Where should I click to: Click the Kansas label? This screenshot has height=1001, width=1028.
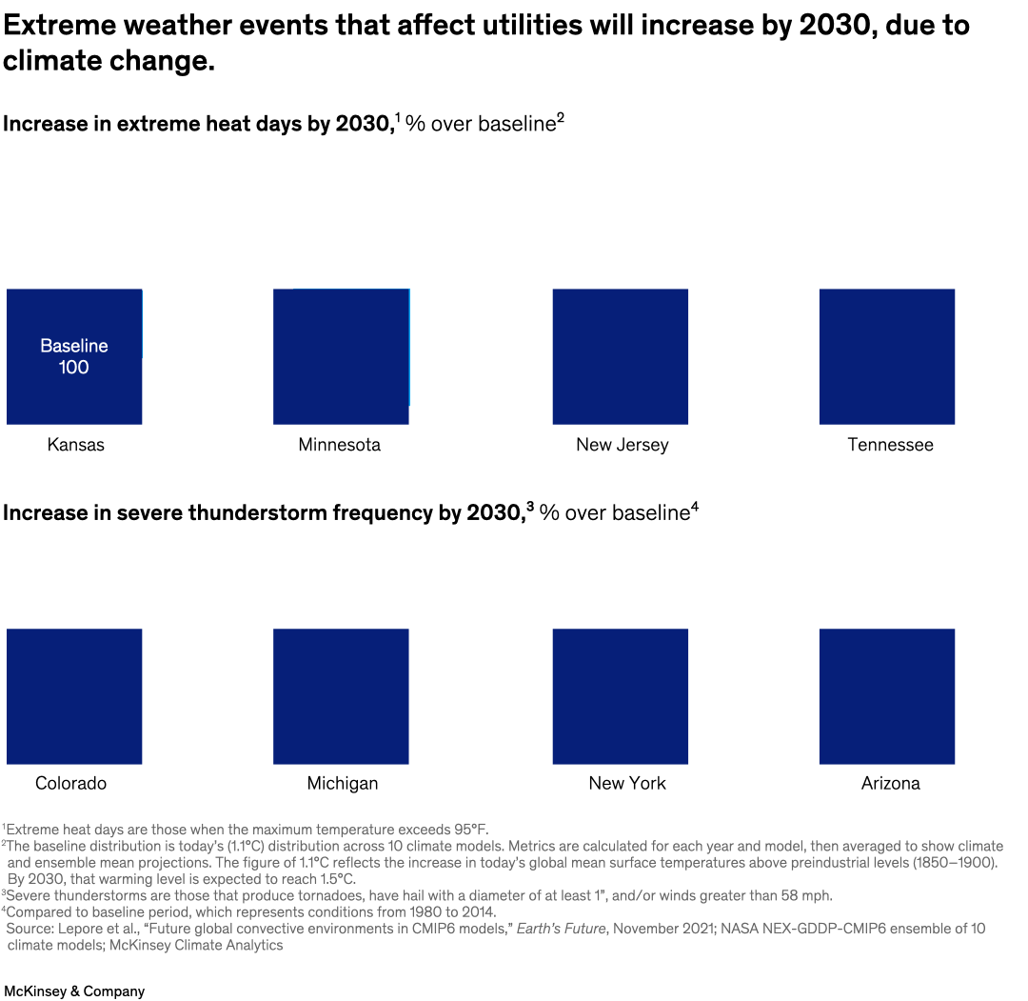[75, 445]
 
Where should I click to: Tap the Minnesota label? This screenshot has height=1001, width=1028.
[339, 445]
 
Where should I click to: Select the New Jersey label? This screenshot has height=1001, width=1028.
[622, 445]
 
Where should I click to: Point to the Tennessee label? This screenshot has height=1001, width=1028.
[890, 445]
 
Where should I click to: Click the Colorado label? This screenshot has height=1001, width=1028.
[70, 783]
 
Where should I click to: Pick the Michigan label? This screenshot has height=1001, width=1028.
[342, 783]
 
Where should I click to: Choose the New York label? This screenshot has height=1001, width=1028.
[626, 783]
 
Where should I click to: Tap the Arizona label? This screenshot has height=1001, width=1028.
[890, 783]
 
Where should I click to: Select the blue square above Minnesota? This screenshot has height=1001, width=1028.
[341, 356]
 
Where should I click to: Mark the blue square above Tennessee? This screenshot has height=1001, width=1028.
[886, 356]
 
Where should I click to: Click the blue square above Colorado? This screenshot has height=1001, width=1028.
[74, 695]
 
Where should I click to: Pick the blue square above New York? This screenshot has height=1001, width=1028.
[620, 695]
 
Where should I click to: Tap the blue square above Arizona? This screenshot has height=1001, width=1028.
[886, 695]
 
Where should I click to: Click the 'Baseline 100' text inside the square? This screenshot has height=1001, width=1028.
[74, 356]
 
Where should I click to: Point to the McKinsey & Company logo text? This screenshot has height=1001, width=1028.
[74, 991]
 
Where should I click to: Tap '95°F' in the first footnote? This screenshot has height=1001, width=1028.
[467, 830]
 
